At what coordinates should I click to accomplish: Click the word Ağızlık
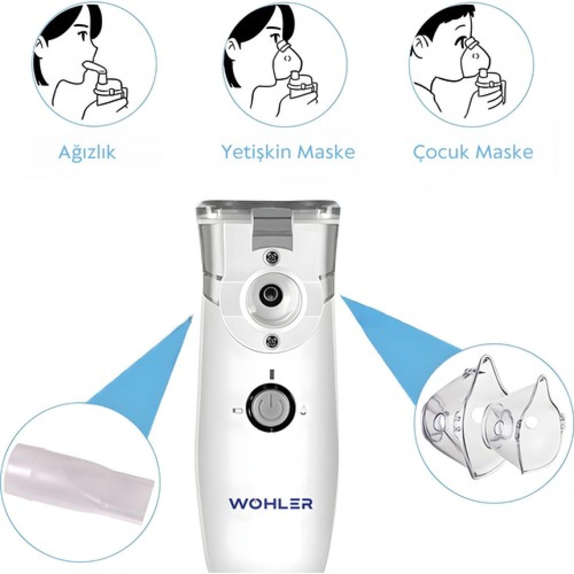point(87,152)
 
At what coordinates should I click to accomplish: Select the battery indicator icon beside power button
point(238,411)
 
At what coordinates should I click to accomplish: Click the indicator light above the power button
point(271,374)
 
